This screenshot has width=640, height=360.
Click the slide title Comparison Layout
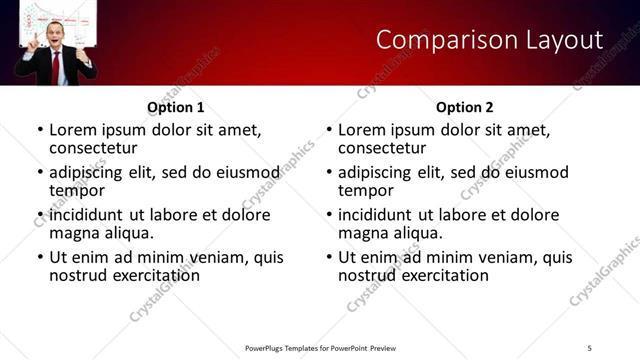pyautogui.click(x=489, y=40)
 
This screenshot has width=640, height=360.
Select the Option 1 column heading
pyautogui.click(x=176, y=107)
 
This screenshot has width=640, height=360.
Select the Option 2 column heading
pyautogui.click(x=465, y=107)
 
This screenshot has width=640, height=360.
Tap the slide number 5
pyautogui.click(x=590, y=347)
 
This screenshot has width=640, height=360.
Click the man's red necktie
pyautogui.click(x=56, y=65)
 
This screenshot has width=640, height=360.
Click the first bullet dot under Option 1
pyautogui.click(x=40, y=131)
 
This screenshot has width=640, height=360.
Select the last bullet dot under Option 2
pyautogui.click(x=329, y=257)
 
